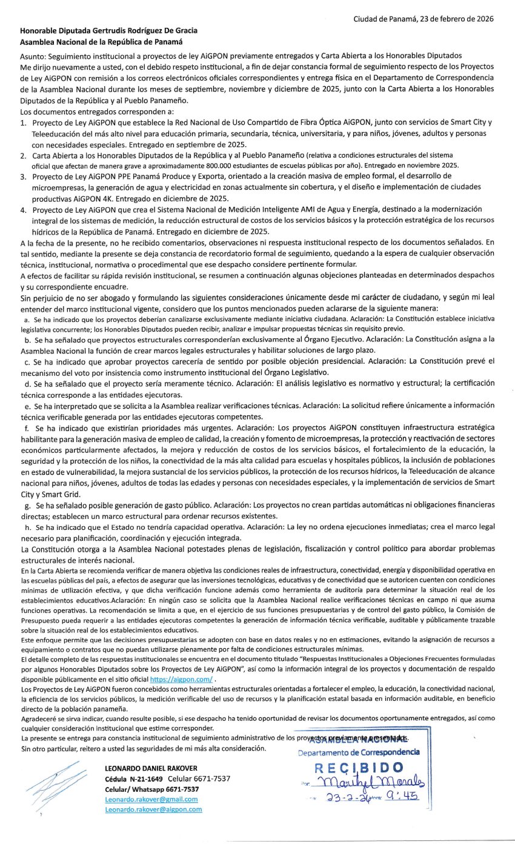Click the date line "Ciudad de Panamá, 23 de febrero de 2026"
coord(424,19)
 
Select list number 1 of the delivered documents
coord(23,122)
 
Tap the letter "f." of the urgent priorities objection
coord(27,428)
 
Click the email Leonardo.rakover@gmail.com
coord(151,799)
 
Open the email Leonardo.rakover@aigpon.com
coord(153,809)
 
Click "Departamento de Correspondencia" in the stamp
coord(358,752)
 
